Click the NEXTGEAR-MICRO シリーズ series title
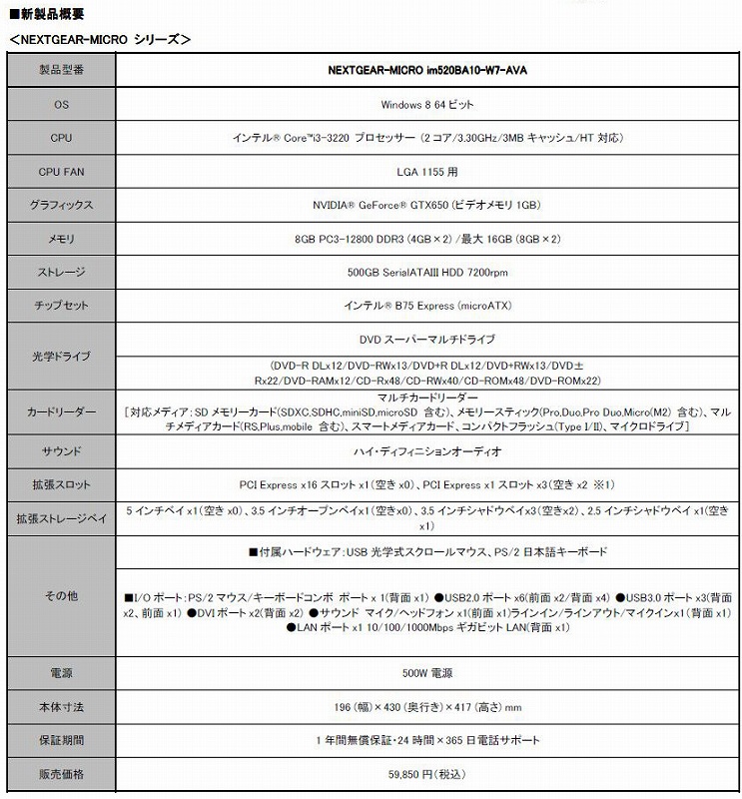tap(98, 39)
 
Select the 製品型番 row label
tap(61, 71)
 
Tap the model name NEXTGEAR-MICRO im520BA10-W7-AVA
tap(427, 71)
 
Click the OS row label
tap(61, 104)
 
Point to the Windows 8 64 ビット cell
tap(427, 104)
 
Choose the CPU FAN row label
tap(61, 172)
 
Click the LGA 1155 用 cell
tap(427, 172)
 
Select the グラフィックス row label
tap(61, 205)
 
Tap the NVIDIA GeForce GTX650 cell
tap(427, 205)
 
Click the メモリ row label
tap(61, 239)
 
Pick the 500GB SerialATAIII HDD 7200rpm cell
tap(427, 272)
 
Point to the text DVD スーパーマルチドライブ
tap(427, 340)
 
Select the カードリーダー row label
tap(61, 411)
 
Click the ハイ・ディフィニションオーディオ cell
tap(427, 450)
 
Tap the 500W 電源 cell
tap(427, 673)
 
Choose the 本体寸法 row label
tap(61, 707)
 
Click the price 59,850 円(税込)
tap(427, 773)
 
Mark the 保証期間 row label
tap(61, 740)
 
